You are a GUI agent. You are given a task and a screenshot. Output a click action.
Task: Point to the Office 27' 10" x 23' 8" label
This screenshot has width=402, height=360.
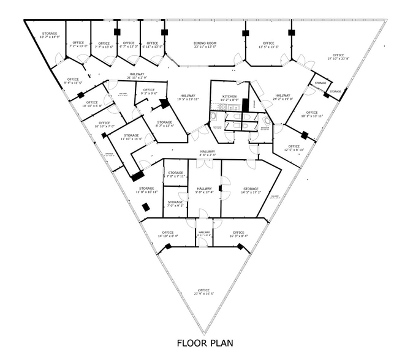(338, 57)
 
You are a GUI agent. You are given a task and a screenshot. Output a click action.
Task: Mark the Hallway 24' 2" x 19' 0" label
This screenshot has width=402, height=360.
(283, 97)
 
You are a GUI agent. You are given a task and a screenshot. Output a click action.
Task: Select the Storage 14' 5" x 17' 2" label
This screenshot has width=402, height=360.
(251, 190)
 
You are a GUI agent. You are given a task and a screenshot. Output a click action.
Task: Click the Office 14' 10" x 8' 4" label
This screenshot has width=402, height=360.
(168, 234)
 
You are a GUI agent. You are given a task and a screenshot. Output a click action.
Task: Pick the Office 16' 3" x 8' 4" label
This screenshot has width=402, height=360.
(239, 234)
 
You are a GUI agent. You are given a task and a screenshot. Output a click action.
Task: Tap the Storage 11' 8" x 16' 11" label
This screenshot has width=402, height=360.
(146, 190)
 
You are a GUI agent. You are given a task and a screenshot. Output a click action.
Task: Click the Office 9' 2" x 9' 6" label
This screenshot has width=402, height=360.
(149, 92)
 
